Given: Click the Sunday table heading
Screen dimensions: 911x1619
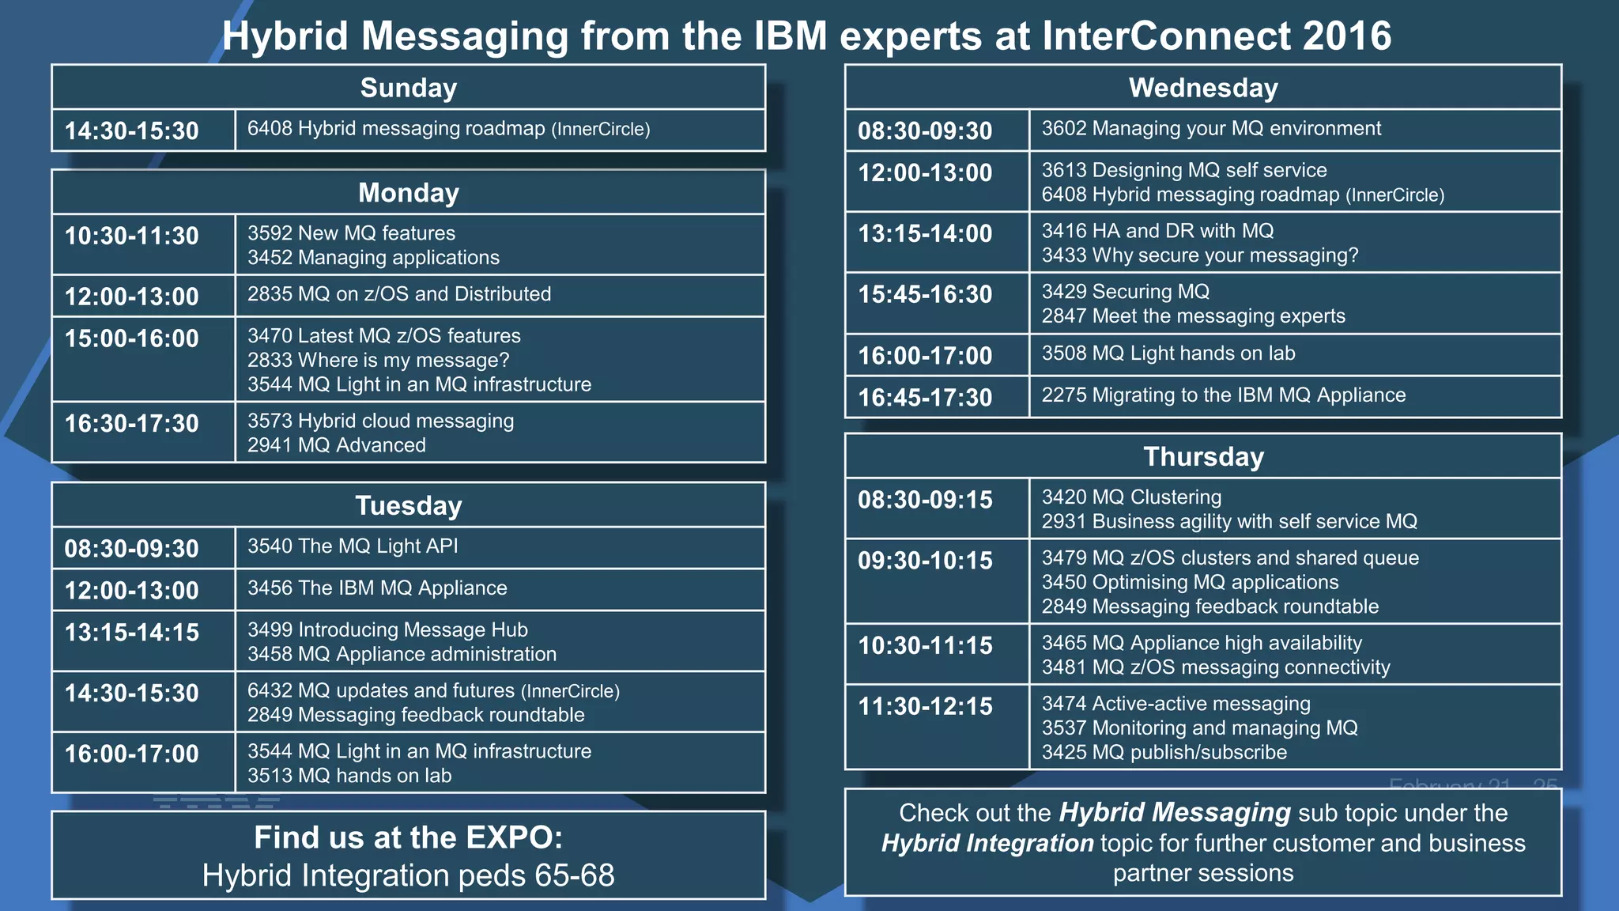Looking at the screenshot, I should (409, 88).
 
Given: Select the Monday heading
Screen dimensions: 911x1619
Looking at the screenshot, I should (409, 193).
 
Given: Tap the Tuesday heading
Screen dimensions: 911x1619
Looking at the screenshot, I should (409, 505).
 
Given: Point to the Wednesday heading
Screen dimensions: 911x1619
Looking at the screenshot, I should (1203, 88).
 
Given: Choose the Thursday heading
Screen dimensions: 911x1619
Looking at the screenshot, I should (1203, 457).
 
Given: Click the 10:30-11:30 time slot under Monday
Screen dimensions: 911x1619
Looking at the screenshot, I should (132, 236).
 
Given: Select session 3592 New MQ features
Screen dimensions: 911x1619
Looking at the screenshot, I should (351, 233).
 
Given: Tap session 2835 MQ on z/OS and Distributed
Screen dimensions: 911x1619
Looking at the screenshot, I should (399, 294).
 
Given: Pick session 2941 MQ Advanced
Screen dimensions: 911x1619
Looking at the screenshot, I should (337, 445).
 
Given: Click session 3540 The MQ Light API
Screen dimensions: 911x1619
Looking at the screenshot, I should (353, 546).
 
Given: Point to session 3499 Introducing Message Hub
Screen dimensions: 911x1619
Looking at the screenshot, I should (387, 630).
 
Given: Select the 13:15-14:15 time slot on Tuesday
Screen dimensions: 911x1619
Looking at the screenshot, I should (132, 633).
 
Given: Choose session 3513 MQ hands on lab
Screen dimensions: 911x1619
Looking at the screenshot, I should (349, 776).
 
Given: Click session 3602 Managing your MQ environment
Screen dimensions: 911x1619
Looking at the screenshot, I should (1211, 129).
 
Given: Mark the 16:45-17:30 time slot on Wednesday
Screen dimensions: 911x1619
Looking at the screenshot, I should (925, 397).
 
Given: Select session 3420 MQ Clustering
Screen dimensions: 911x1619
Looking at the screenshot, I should (1131, 497).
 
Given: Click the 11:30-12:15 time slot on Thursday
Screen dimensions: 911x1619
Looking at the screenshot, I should (925, 706).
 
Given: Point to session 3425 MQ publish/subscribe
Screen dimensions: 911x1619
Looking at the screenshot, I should (1164, 753).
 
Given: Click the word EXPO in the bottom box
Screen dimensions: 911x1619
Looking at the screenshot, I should (510, 837).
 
